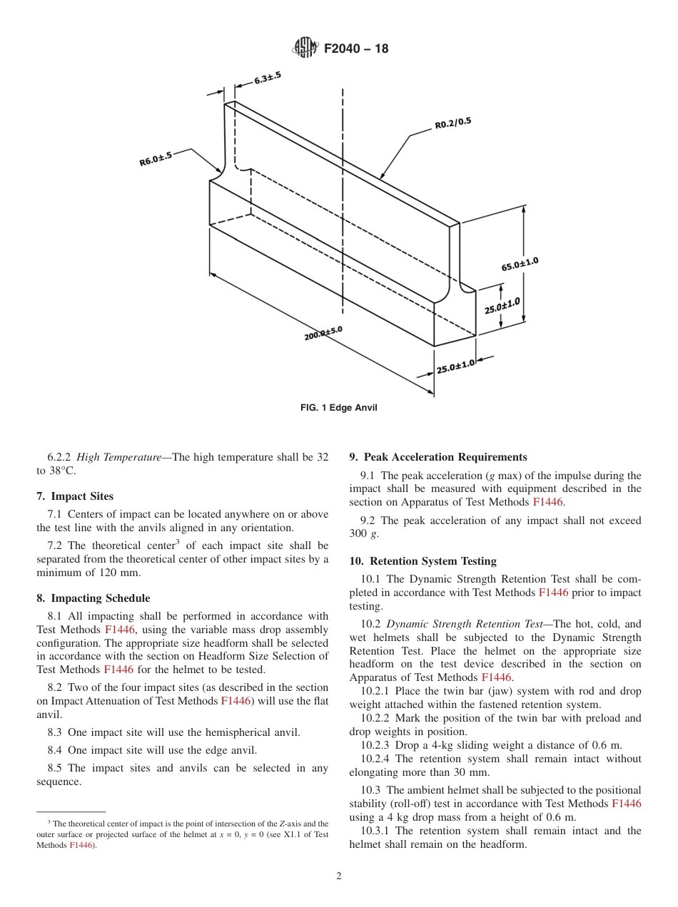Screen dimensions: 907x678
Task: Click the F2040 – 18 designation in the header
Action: coord(356,49)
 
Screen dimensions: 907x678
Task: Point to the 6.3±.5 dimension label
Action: coord(267,78)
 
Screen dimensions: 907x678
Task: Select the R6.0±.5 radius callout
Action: coord(156,159)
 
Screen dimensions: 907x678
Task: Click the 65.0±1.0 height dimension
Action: coord(520,265)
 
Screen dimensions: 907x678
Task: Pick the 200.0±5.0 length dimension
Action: coord(323,333)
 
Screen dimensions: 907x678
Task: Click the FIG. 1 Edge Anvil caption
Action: coord(338,408)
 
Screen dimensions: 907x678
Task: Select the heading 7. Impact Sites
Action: coord(75,496)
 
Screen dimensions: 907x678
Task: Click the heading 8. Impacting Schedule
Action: coord(93,598)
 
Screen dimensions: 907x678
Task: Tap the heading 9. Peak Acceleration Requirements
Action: coord(438,457)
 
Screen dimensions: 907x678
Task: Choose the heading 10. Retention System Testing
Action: coord(423,561)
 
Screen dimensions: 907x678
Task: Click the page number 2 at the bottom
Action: coord(339,876)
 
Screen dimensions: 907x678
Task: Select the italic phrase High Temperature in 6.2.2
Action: coord(118,457)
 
